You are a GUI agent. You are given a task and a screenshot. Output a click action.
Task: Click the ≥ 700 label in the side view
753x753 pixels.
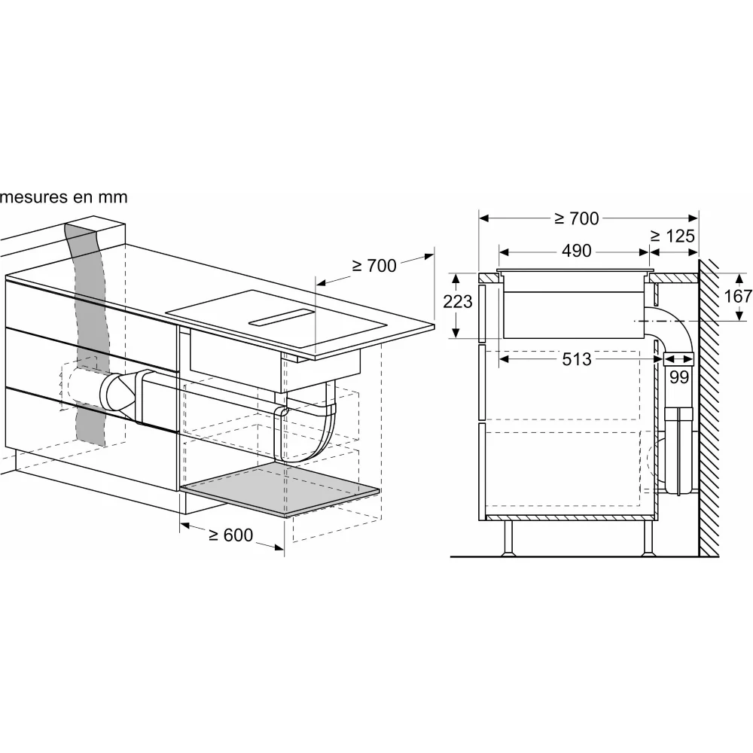pyautogui.click(x=576, y=218)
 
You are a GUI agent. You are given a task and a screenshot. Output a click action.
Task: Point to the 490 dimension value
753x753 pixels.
pyautogui.click(x=576, y=251)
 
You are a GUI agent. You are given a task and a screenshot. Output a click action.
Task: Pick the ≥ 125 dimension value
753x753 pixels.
pyautogui.click(x=672, y=236)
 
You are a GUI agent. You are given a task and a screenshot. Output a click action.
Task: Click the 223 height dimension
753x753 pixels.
pyautogui.click(x=457, y=301)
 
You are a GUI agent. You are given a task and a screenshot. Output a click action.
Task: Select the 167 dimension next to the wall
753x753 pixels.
pyautogui.click(x=738, y=296)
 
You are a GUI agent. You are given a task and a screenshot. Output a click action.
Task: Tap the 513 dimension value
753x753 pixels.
pyautogui.click(x=576, y=360)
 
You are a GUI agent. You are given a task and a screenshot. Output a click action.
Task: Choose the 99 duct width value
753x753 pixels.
pyautogui.click(x=679, y=377)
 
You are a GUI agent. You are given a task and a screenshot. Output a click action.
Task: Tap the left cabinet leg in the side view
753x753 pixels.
pyautogui.click(x=508, y=538)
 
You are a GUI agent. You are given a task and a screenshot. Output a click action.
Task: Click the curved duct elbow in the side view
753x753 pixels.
pyautogui.click(x=667, y=324)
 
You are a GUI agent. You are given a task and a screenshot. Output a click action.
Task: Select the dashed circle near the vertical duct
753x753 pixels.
pyautogui.click(x=652, y=462)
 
